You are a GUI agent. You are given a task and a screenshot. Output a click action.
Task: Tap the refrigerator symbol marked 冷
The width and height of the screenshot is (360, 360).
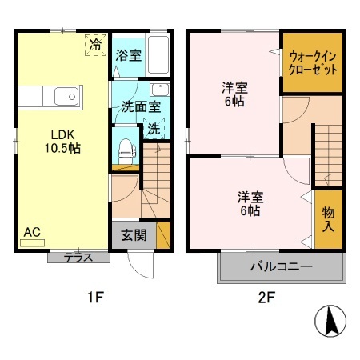(95, 45)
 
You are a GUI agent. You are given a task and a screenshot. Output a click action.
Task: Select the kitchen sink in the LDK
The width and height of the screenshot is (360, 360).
(65, 98)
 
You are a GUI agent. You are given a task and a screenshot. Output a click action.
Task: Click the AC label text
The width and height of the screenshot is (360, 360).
(32, 232)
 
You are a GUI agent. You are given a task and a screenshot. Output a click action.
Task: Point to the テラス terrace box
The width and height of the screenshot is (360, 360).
(77, 258)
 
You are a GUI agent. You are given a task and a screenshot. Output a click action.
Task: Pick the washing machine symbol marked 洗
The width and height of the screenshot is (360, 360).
(152, 128)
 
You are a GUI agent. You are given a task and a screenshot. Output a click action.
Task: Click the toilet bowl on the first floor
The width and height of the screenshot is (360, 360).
(125, 148)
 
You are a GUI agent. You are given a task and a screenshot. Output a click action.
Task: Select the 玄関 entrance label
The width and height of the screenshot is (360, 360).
(132, 237)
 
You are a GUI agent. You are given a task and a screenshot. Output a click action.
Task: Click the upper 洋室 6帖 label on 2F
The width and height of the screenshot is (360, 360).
(232, 95)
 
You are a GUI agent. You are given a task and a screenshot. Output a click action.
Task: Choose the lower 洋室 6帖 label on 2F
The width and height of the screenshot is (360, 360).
(250, 204)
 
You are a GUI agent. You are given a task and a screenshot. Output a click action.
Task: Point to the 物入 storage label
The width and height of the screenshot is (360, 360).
(329, 218)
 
